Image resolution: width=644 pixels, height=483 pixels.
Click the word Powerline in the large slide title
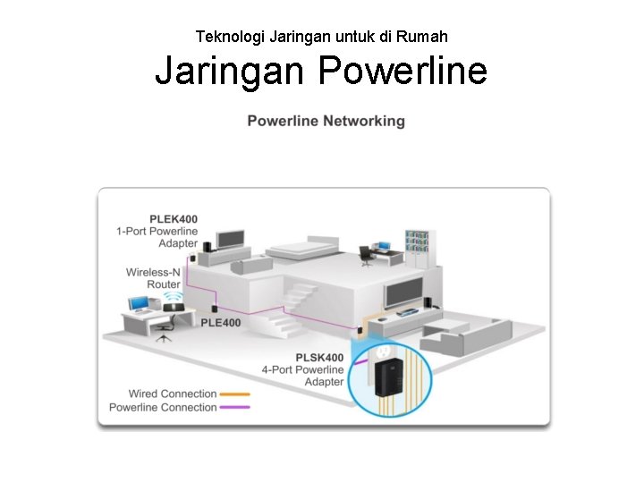pyautogui.click(x=402, y=71)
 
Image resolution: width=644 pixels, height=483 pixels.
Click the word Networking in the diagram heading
pyautogui.click(x=363, y=121)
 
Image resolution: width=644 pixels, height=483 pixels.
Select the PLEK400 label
pyautogui.click(x=174, y=218)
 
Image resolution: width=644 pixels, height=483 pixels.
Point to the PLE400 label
pyautogui.click(x=220, y=323)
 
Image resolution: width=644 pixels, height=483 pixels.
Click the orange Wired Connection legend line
pyautogui.click(x=234, y=394)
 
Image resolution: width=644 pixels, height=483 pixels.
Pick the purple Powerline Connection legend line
pyautogui.click(x=234, y=407)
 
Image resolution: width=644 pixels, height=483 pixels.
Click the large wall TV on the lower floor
pyautogui.click(x=406, y=288)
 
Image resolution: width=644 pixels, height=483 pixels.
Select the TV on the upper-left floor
pyautogui.click(x=231, y=238)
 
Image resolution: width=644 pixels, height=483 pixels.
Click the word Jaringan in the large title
pyautogui.click(x=229, y=71)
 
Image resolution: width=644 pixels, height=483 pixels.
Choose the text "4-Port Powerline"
pyautogui.click(x=302, y=369)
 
